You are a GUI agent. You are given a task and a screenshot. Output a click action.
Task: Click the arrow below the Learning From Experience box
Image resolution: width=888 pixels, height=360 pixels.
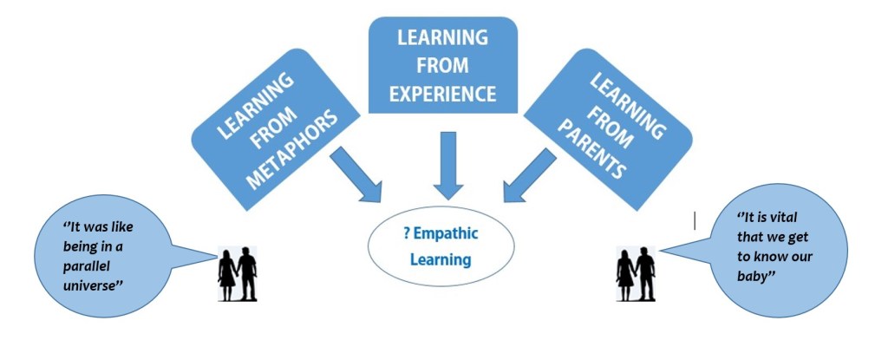click(x=448, y=167)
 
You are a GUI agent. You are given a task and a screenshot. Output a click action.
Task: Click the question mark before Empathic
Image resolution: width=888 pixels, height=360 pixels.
click(x=407, y=235)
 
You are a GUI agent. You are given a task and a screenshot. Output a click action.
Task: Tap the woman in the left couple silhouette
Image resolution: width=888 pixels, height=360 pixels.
click(x=227, y=273)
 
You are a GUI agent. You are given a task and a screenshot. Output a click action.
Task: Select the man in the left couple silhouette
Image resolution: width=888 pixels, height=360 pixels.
click(x=247, y=272)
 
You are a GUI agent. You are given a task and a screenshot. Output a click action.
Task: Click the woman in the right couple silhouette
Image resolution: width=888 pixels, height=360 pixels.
click(x=624, y=273)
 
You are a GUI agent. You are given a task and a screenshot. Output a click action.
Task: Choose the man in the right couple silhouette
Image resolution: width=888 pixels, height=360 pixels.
click(x=646, y=272)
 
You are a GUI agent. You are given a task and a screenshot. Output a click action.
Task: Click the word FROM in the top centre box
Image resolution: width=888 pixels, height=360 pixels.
click(x=442, y=66)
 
